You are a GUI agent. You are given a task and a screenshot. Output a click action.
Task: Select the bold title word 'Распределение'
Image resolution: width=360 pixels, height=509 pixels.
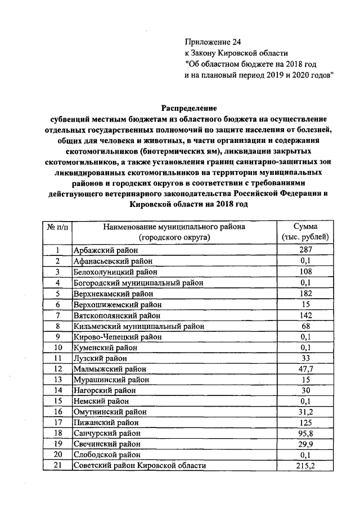(x=189, y=107)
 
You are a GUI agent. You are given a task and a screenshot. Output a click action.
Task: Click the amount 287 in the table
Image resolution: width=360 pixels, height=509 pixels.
(x=306, y=250)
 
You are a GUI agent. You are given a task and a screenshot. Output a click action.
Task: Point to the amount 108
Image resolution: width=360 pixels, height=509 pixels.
(x=306, y=271)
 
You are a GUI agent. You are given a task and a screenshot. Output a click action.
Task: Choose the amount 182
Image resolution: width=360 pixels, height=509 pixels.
(x=306, y=293)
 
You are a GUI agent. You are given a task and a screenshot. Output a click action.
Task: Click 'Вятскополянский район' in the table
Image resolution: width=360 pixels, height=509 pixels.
(x=117, y=315)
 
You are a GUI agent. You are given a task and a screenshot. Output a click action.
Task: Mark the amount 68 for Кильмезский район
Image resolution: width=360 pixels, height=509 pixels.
(x=306, y=326)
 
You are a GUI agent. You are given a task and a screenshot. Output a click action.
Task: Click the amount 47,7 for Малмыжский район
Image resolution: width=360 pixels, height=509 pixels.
(x=306, y=369)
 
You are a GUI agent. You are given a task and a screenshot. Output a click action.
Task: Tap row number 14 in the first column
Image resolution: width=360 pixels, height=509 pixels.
(x=57, y=390)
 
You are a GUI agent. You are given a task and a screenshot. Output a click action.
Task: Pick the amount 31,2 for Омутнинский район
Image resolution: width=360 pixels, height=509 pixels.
(x=306, y=412)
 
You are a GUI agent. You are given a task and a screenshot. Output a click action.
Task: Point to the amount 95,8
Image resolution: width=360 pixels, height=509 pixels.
(x=306, y=434)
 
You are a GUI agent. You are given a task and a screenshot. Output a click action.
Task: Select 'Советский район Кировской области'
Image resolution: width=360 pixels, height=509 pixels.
(x=140, y=466)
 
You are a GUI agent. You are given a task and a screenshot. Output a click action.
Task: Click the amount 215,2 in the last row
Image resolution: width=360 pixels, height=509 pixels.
(x=306, y=466)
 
